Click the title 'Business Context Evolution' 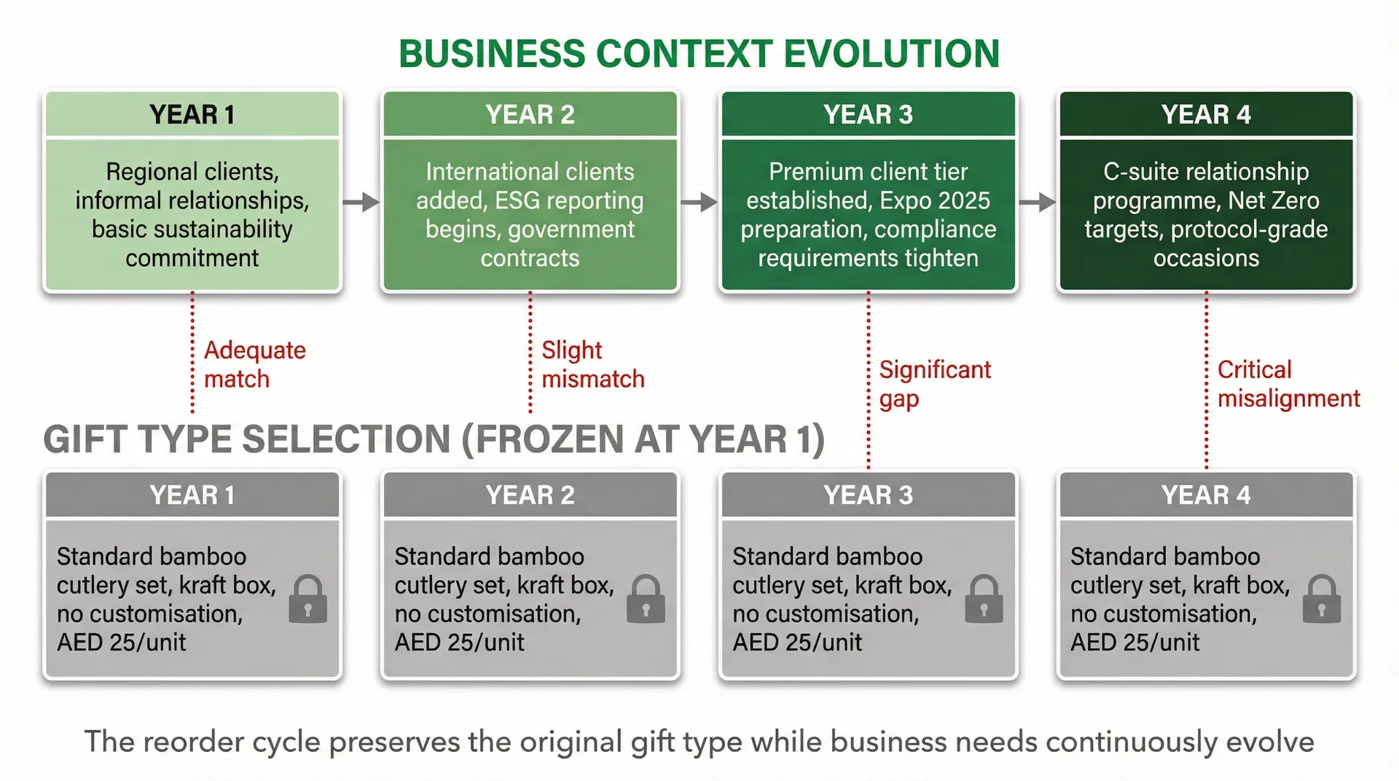[699, 54]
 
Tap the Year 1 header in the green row [192, 114]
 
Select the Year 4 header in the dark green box [1206, 114]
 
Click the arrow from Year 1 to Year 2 [361, 202]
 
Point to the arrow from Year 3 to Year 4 [1037, 202]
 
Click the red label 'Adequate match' [254, 364]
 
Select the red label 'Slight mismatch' [592, 364]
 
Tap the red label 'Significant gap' [934, 384]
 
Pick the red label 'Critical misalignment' [1288, 384]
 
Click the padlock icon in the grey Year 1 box [307, 600]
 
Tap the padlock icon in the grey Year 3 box [984, 600]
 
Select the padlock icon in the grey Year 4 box [1321, 600]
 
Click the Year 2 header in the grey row [530, 495]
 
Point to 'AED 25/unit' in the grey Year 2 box [459, 643]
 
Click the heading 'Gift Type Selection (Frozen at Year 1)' [434, 439]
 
